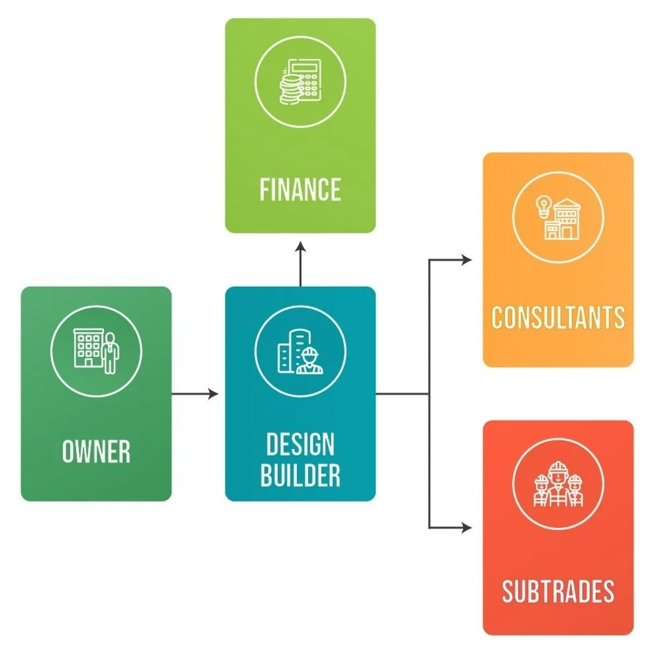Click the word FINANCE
[x=300, y=190]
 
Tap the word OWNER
[x=96, y=452]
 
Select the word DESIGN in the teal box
[x=300, y=444]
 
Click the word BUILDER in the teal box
[x=300, y=475]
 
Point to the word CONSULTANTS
[x=558, y=318]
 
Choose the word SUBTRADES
[x=558, y=591]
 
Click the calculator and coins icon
[x=300, y=81]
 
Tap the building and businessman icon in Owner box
[x=96, y=351]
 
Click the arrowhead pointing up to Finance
[x=300, y=247]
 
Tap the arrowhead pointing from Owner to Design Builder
[x=213, y=394]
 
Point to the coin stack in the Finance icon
[x=289, y=89]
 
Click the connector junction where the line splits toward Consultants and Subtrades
[x=429, y=394]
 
